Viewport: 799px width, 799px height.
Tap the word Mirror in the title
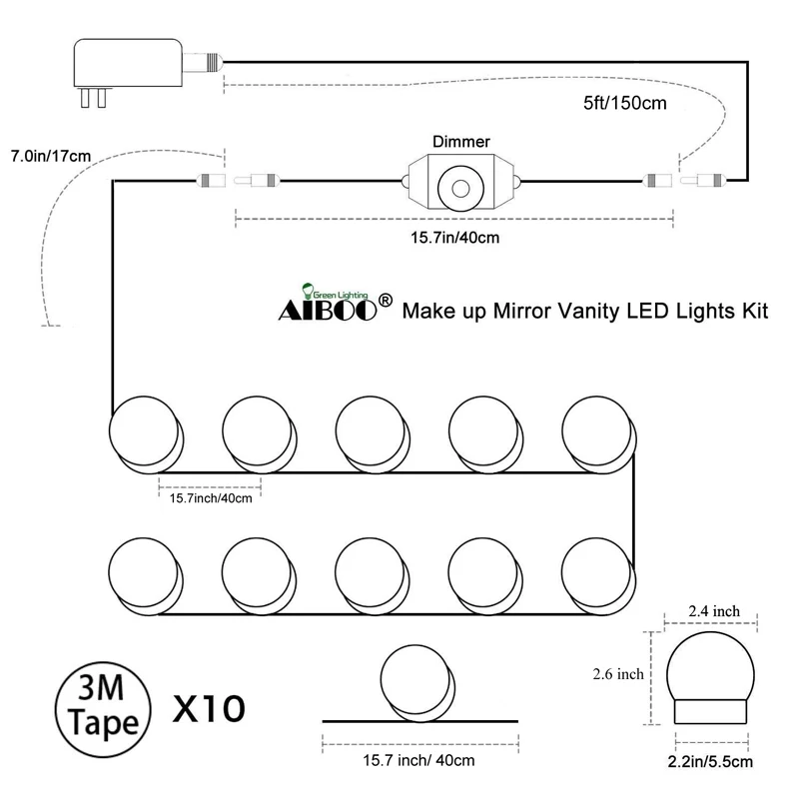pos(545,311)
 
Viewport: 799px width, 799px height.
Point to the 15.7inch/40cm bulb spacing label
pos(211,497)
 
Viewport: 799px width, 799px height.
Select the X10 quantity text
pos(209,710)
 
